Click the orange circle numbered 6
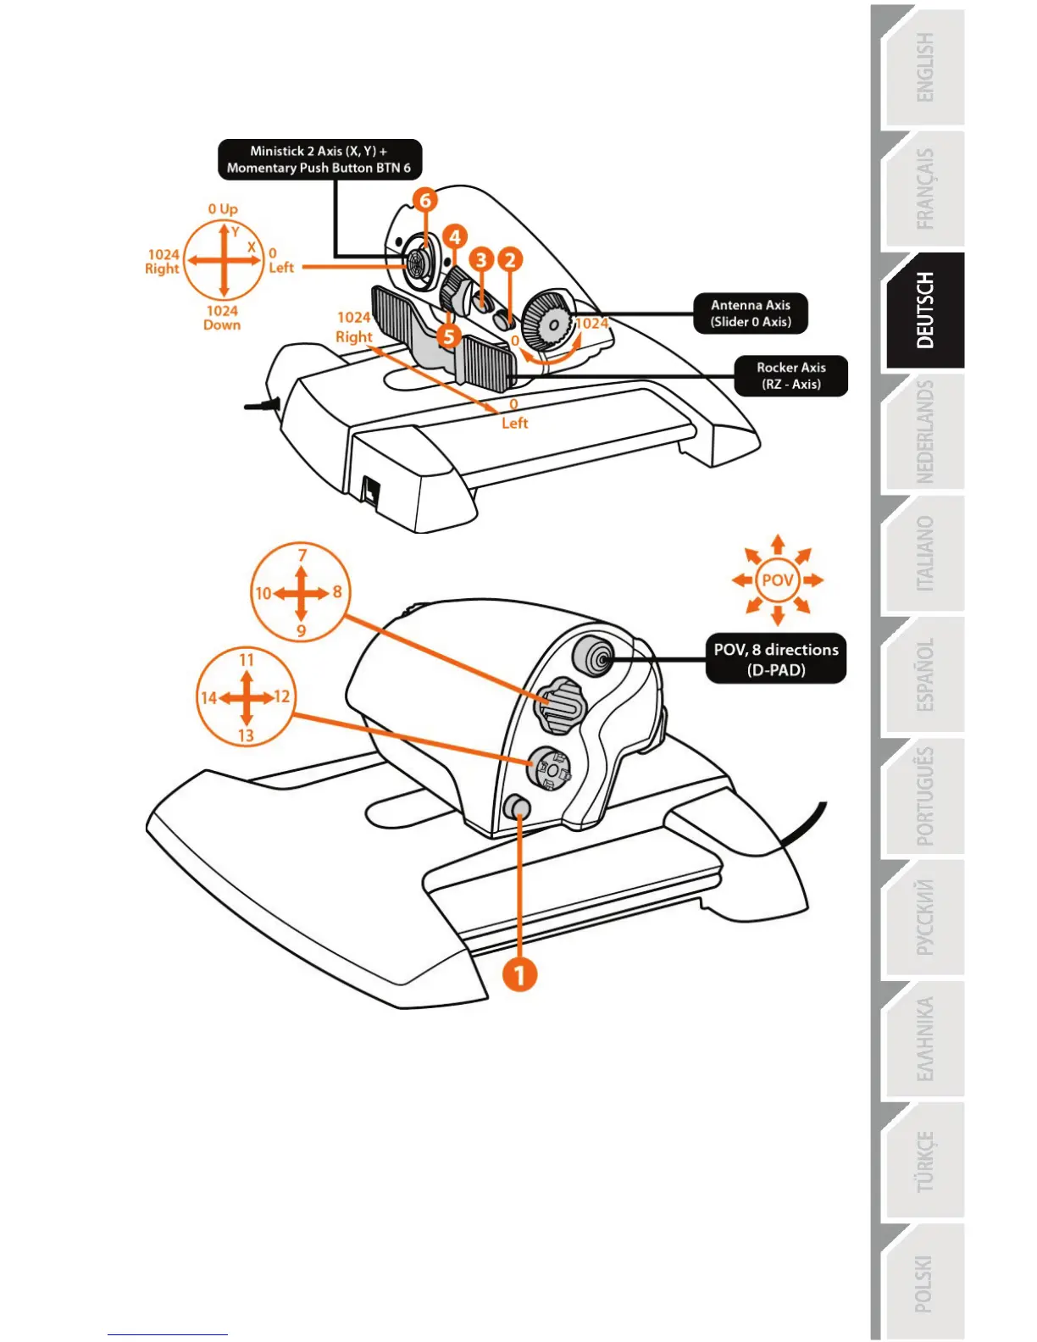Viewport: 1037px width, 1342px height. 425,201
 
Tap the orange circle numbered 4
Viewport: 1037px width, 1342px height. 454,236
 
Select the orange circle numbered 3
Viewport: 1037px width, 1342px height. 481,259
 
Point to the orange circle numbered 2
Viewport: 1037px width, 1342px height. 509,259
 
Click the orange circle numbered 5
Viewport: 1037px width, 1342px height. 449,336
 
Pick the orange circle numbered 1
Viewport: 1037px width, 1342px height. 519,974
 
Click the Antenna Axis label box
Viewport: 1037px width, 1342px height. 751,313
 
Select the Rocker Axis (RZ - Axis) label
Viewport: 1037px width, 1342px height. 790,375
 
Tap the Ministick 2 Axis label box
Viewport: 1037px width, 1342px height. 319,159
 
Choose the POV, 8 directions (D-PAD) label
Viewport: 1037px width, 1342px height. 776,659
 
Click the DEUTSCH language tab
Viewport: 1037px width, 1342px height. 924,310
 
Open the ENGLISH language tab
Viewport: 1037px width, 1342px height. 924,68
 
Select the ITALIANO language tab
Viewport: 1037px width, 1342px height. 924,554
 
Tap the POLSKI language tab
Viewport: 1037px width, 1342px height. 924,1283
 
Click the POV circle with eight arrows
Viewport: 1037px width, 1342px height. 777,580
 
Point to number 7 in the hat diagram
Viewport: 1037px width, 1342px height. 302,556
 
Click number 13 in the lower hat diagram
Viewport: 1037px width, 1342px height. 246,735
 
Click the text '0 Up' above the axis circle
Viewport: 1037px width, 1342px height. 223,208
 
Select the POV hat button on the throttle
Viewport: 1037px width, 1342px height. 593,656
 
